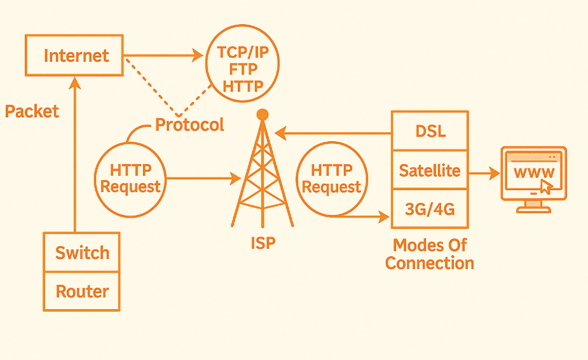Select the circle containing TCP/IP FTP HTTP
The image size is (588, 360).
coord(242,69)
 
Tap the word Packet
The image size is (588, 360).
coord(32,111)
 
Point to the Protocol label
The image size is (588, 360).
coord(189,125)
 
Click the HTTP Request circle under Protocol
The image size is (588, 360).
coord(130,179)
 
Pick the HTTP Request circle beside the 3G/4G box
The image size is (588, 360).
coord(332,179)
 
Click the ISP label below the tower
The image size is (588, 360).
coord(263,242)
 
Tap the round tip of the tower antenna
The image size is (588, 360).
coord(262,114)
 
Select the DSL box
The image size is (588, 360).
coord(430,131)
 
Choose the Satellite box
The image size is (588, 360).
coord(430,170)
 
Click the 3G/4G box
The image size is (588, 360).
coord(430,209)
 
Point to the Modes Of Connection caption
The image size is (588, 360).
coord(430,254)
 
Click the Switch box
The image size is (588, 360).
coord(82,253)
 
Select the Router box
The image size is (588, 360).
coord(82,291)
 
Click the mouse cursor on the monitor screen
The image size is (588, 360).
coord(545,186)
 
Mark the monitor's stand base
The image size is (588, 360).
coord(533,209)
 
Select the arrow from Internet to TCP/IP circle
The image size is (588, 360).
coord(163,55)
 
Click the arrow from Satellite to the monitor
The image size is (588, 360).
coord(484,172)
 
